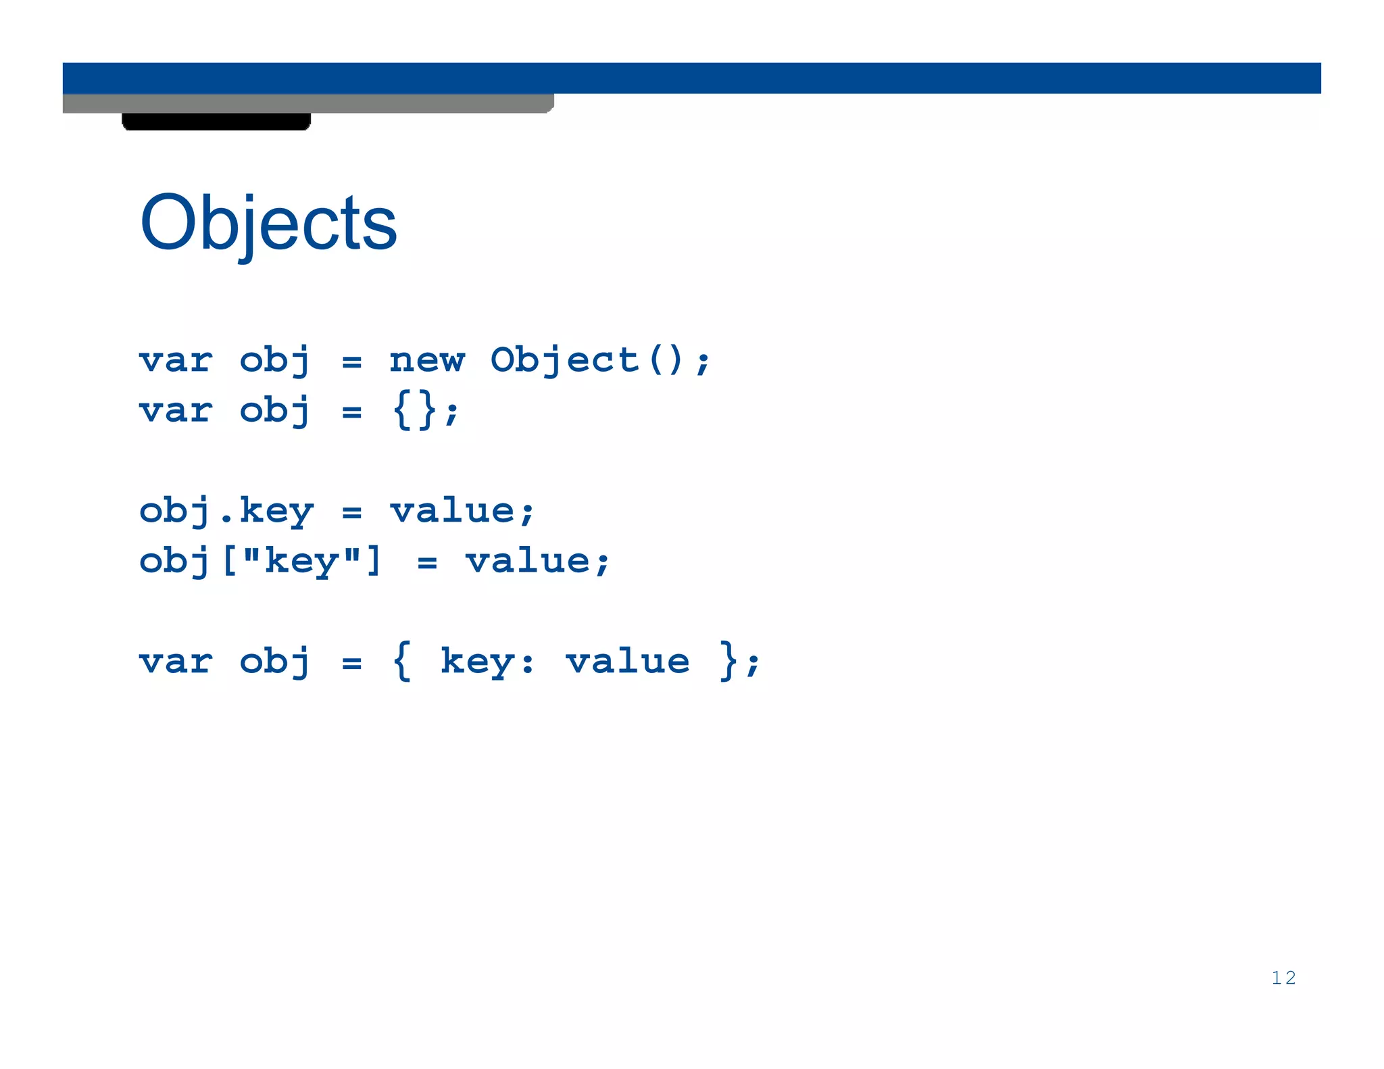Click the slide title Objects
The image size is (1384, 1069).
point(268,223)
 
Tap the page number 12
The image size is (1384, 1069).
point(1283,978)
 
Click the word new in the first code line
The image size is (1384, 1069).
point(427,360)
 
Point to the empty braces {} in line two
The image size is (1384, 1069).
point(414,410)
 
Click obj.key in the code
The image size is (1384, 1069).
point(226,511)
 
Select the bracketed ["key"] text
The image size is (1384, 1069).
point(301,561)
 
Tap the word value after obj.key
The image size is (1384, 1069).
point(453,511)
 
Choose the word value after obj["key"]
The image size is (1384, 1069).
point(528,561)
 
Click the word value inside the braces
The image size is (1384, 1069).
point(628,661)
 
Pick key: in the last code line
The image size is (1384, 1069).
point(487,661)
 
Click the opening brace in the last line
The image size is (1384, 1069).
point(401,661)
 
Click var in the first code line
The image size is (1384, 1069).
point(176,360)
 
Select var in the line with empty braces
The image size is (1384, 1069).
point(176,410)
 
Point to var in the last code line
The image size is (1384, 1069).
point(176,661)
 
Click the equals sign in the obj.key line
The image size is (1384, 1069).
point(351,512)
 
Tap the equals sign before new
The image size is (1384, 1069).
point(351,362)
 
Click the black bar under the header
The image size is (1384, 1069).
point(216,122)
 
